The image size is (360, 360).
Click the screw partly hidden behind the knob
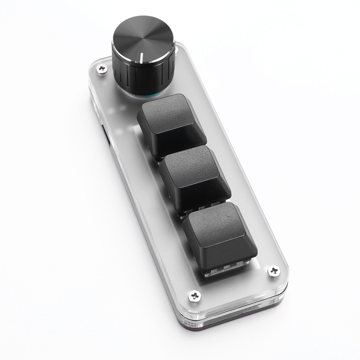(x=177, y=47)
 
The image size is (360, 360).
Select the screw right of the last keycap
(x=274, y=271)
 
